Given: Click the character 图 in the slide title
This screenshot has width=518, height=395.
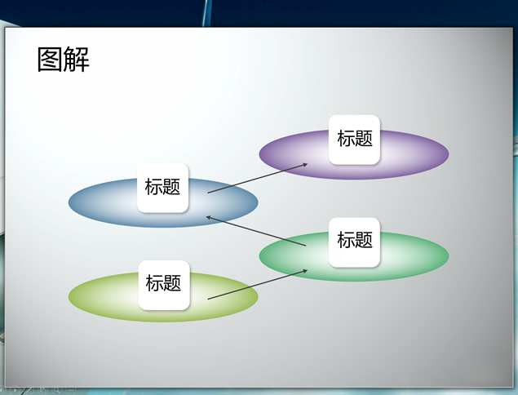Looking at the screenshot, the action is tap(50, 59).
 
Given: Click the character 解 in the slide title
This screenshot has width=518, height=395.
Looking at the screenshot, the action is tap(77, 59).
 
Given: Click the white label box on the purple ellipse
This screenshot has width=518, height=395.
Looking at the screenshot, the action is tap(355, 140).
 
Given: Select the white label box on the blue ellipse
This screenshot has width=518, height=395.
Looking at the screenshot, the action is tap(163, 188).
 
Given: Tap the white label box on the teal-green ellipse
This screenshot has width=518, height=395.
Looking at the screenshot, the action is tap(355, 242).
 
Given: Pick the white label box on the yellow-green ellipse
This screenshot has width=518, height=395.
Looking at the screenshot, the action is tap(164, 285).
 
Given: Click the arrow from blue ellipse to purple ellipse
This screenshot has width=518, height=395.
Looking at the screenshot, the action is tap(257, 178).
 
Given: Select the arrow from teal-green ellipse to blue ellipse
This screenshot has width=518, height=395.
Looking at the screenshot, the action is tap(255, 231).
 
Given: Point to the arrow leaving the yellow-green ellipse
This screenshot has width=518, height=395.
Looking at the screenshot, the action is tap(257, 285).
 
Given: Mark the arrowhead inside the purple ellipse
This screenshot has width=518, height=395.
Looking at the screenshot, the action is tap(305, 164).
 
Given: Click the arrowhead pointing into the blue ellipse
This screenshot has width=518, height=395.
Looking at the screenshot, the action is tap(209, 217).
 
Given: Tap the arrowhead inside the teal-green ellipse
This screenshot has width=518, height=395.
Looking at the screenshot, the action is tap(305, 271).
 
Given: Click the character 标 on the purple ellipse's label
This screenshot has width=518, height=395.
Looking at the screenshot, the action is tap(346, 138).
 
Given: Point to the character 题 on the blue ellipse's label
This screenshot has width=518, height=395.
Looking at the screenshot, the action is tap(171, 186).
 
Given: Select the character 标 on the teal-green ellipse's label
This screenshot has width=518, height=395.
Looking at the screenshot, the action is tap(346, 240).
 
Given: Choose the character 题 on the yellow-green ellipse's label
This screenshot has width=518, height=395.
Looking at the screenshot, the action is tap(172, 283).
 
